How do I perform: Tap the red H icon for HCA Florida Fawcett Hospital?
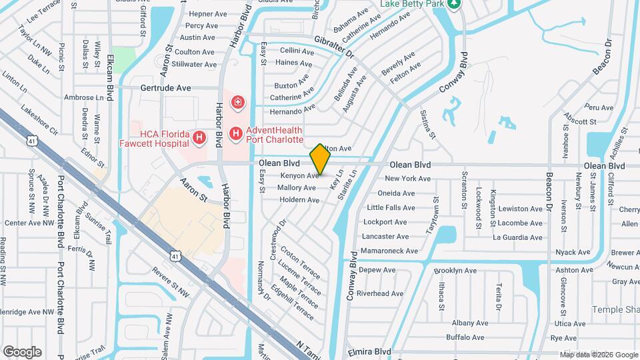click(x=199, y=138)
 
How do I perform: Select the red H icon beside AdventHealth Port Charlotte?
click(x=235, y=135)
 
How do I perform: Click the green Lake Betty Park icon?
click(x=453, y=4)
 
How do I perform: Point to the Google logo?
click(x=22, y=352)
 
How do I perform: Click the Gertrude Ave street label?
click(x=165, y=88)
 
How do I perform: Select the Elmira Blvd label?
click(x=368, y=351)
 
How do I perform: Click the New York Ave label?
click(x=408, y=179)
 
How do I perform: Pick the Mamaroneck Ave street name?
click(x=389, y=251)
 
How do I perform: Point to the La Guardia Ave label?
click(x=517, y=237)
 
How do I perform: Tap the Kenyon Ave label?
click(x=299, y=176)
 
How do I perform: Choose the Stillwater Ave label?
click(x=194, y=65)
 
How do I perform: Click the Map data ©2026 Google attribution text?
click(x=598, y=355)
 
